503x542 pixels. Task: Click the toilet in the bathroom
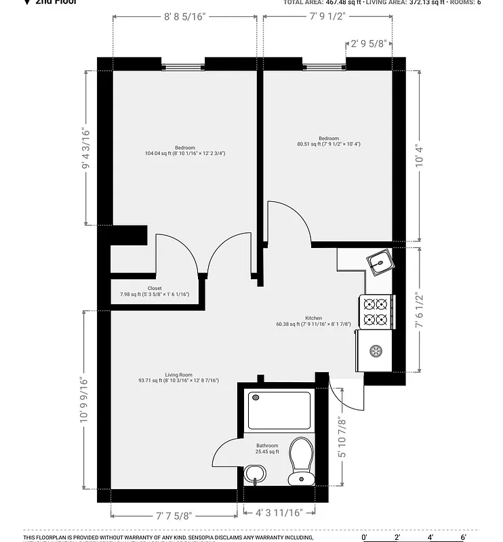300,461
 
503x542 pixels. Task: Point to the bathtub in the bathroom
279,411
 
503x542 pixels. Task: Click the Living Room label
178,375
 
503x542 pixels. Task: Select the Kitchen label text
313,318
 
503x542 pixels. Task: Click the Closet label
155,288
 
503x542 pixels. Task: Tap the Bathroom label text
267,446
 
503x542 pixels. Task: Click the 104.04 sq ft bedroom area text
185,154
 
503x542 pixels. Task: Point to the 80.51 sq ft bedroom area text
328,144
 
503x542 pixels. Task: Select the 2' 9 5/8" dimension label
369,44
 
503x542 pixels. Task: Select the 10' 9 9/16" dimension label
84,400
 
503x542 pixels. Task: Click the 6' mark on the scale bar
463,537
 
